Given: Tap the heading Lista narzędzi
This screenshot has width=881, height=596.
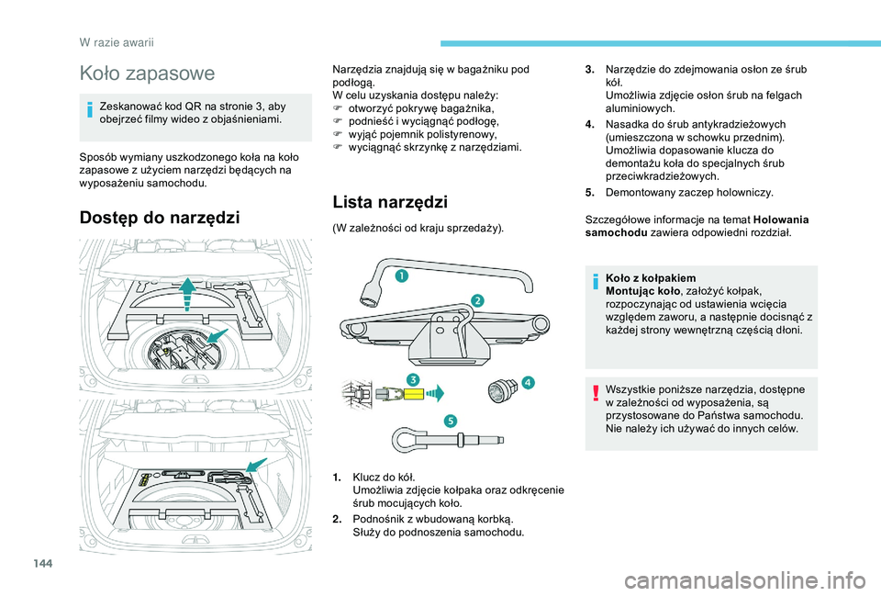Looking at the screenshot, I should [390, 201].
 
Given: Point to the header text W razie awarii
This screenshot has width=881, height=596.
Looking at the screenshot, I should [115, 40].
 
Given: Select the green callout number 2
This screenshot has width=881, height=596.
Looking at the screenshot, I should [478, 300].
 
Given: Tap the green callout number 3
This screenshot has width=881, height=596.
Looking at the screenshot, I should [414, 379].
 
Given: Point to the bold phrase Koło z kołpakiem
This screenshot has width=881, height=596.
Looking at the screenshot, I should [651, 277].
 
